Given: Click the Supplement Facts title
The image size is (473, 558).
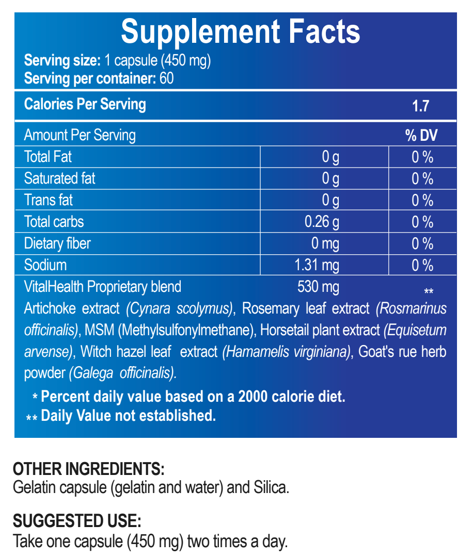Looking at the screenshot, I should pos(240,32).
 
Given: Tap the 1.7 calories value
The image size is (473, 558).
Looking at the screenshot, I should pos(421,106).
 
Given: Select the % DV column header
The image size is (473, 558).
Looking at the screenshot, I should pos(421,135).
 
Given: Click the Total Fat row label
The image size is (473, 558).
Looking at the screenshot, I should pos(48,157).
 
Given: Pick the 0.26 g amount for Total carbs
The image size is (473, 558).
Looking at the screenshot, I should pos(322,222).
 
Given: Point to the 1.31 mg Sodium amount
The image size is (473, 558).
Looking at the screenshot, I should pos(317,265).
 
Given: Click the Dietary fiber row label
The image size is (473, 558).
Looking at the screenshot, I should pos(57,243).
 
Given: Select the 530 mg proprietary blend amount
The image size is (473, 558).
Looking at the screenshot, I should pos(318,286).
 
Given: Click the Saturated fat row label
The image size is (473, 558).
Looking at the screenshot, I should pos(59,178).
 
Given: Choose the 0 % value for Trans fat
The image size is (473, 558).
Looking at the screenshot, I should pos(422,200).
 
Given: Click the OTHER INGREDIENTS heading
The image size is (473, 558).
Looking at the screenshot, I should pos(88,469).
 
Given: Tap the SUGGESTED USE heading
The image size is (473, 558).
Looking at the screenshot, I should pos(77,520).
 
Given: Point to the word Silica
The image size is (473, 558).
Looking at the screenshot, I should pos(271,487).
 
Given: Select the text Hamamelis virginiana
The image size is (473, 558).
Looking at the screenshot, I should pos(287,352).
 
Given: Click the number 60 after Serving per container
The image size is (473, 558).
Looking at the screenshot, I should pos(166,78).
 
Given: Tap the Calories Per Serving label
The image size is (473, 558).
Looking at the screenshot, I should pos(85,104).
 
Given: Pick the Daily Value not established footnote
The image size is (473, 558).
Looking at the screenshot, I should pos(128,415).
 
